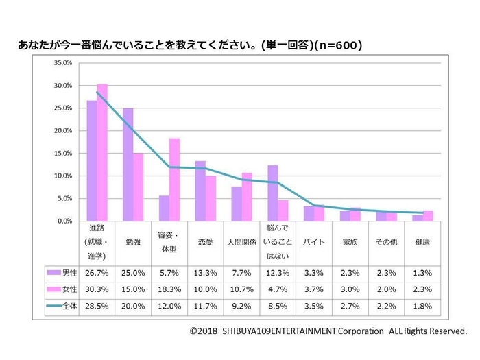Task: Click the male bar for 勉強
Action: click(128, 165)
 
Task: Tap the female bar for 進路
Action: click(102, 152)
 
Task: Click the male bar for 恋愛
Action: click(200, 191)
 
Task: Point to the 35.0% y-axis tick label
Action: click(62, 62)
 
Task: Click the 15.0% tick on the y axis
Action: click(62, 153)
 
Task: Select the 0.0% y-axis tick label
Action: click(62, 221)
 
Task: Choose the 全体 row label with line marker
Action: click(61, 305)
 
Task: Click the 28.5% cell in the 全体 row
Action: click(97, 305)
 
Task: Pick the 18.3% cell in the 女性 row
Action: click(169, 288)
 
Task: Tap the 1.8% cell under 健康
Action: click(422, 305)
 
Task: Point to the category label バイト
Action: click(313, 242)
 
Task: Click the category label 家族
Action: click(350, 242)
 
